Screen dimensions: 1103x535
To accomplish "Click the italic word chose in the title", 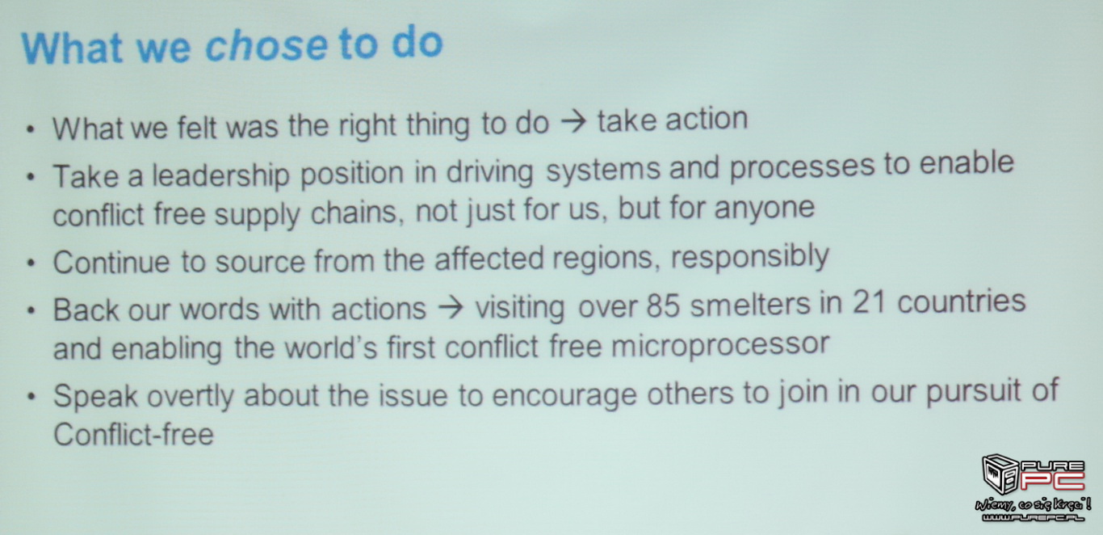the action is click(266, 45).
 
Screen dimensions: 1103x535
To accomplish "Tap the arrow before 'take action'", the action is click(573, 121).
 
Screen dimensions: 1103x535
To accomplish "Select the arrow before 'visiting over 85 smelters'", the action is click(451, 309).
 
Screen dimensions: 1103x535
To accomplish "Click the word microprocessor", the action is click(720, 344).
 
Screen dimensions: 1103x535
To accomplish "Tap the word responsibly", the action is click(750, 257).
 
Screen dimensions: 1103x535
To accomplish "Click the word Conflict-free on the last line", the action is click(133, 435).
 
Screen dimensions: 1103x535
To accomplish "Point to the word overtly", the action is click(190, 396).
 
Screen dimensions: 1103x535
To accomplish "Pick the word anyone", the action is click(765, 209).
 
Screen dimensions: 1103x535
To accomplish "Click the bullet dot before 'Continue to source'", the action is click(31, 263).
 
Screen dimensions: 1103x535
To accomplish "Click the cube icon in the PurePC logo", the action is click(1000, 474).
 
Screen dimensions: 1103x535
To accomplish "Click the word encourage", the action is click(564, 395).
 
